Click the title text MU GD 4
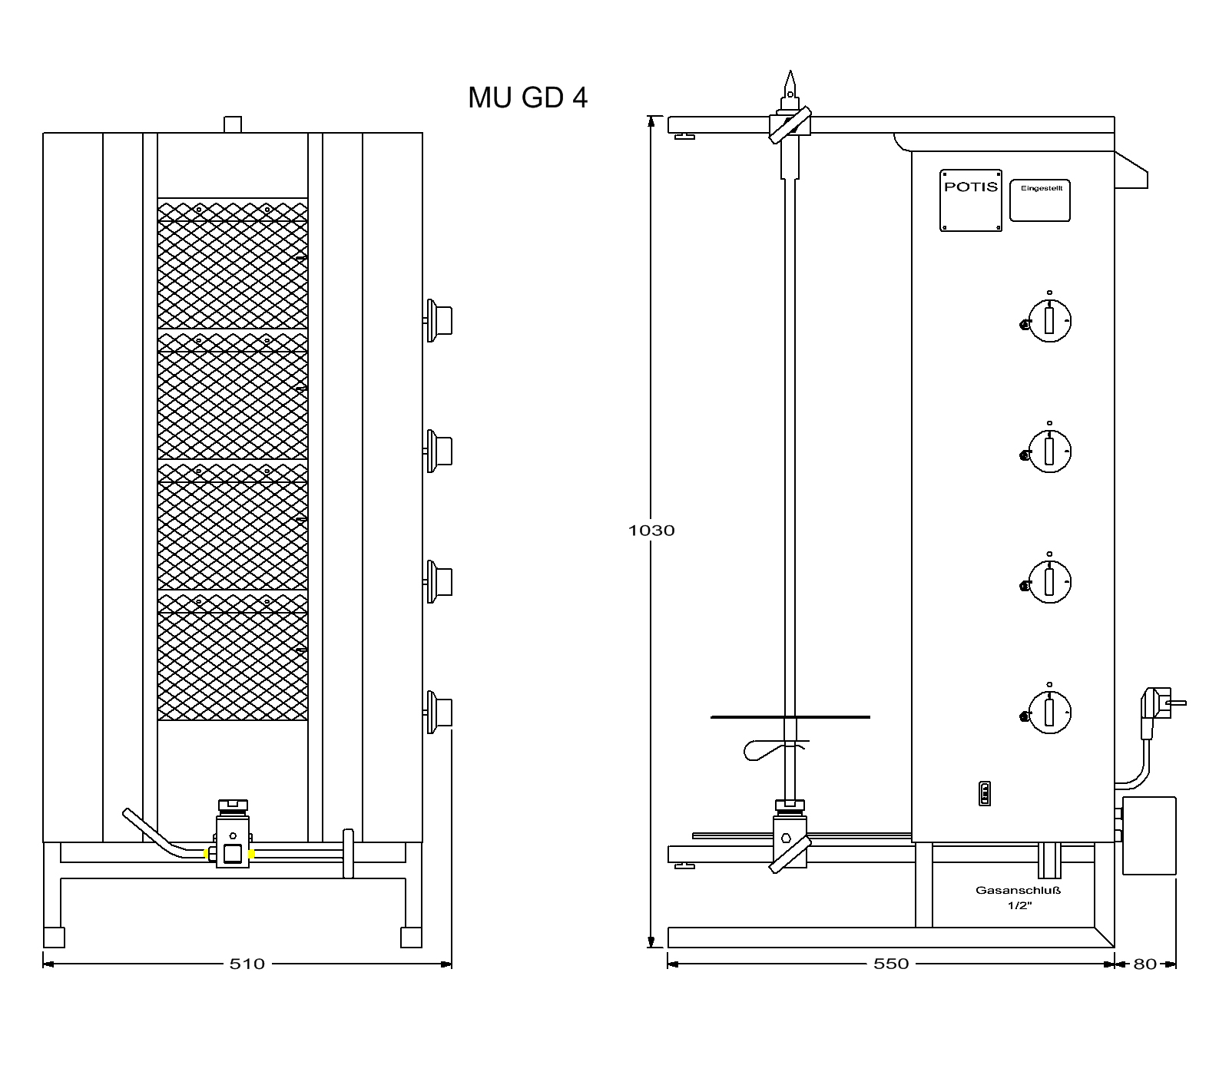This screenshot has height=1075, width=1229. point(528,98)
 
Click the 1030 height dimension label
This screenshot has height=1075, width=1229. point(651,531)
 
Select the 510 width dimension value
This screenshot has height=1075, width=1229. point(247,964)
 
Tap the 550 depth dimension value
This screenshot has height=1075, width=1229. point(891,964)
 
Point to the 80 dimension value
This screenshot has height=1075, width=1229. point(1145,964)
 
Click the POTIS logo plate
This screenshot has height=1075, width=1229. point(971,200)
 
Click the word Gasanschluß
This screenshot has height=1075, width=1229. point(1019,891)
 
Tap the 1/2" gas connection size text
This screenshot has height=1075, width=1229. point(1019,906)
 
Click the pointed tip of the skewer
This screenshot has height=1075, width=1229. point(789,71)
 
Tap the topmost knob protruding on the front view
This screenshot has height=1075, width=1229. point(438,319)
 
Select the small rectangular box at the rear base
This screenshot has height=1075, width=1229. point(1149,835)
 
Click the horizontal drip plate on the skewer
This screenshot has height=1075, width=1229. point(790,717)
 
